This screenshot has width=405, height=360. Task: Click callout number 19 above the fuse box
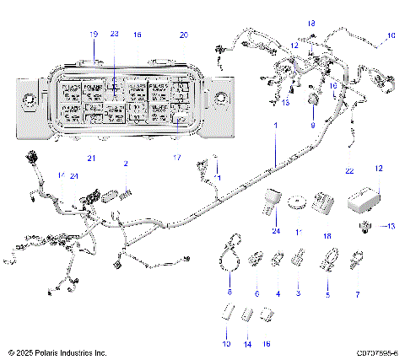93,35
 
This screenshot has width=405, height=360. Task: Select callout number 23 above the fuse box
115,35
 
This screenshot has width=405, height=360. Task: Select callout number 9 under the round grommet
313,125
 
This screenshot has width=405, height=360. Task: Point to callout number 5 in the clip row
327,294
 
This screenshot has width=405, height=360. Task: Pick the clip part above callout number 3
298,256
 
